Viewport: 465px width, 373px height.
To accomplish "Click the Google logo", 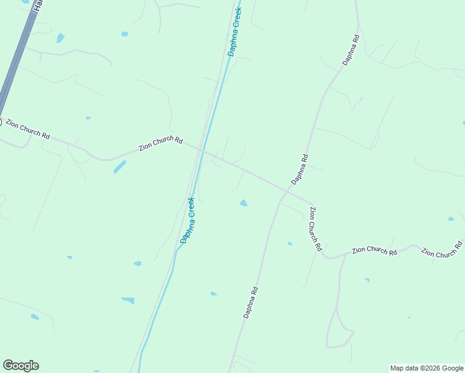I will pyautogui.click(x=21, y=366).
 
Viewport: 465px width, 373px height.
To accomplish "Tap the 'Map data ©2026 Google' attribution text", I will pyautogui.click(x=426, y=368).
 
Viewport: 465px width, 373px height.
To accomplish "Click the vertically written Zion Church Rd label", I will pyautogui.click(x=315, y=229).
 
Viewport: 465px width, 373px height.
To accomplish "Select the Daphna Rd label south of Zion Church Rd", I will pyautogui.click(x=250, y=303).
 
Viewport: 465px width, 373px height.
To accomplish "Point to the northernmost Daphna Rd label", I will pyautogui.click(x=351, y=50).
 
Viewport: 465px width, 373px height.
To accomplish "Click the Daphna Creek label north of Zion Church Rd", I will pyautogui.click(x=234, y=32).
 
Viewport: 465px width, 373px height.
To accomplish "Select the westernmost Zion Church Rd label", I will pyautogui.click(x=27, y=129).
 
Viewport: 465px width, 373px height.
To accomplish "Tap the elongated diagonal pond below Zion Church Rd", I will pyautogui.click(x=120, y=167).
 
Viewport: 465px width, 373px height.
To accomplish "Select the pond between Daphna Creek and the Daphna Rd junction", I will pyautogui.click(x=244, y=203).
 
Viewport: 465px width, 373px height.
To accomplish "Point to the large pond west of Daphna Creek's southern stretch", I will pyautogui.click(x=127, y=300).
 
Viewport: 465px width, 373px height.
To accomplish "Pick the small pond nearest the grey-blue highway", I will pyautogui.click(x=60, y=38).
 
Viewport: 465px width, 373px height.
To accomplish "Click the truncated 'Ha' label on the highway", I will pyautogui.click(x=38, y=5).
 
